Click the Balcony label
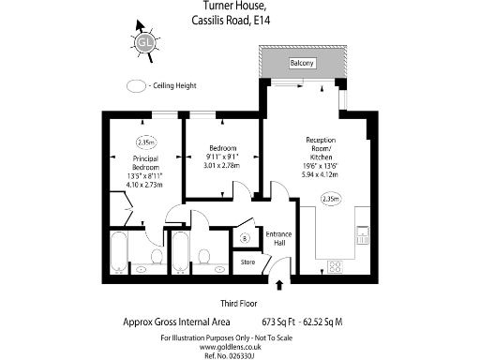pos(301,63)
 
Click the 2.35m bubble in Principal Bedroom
pos(145,143)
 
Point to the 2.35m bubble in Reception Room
pos(330,199)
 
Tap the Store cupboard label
pos(247,262)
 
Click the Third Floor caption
pos(240,303)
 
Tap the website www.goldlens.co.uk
pos(240,345)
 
